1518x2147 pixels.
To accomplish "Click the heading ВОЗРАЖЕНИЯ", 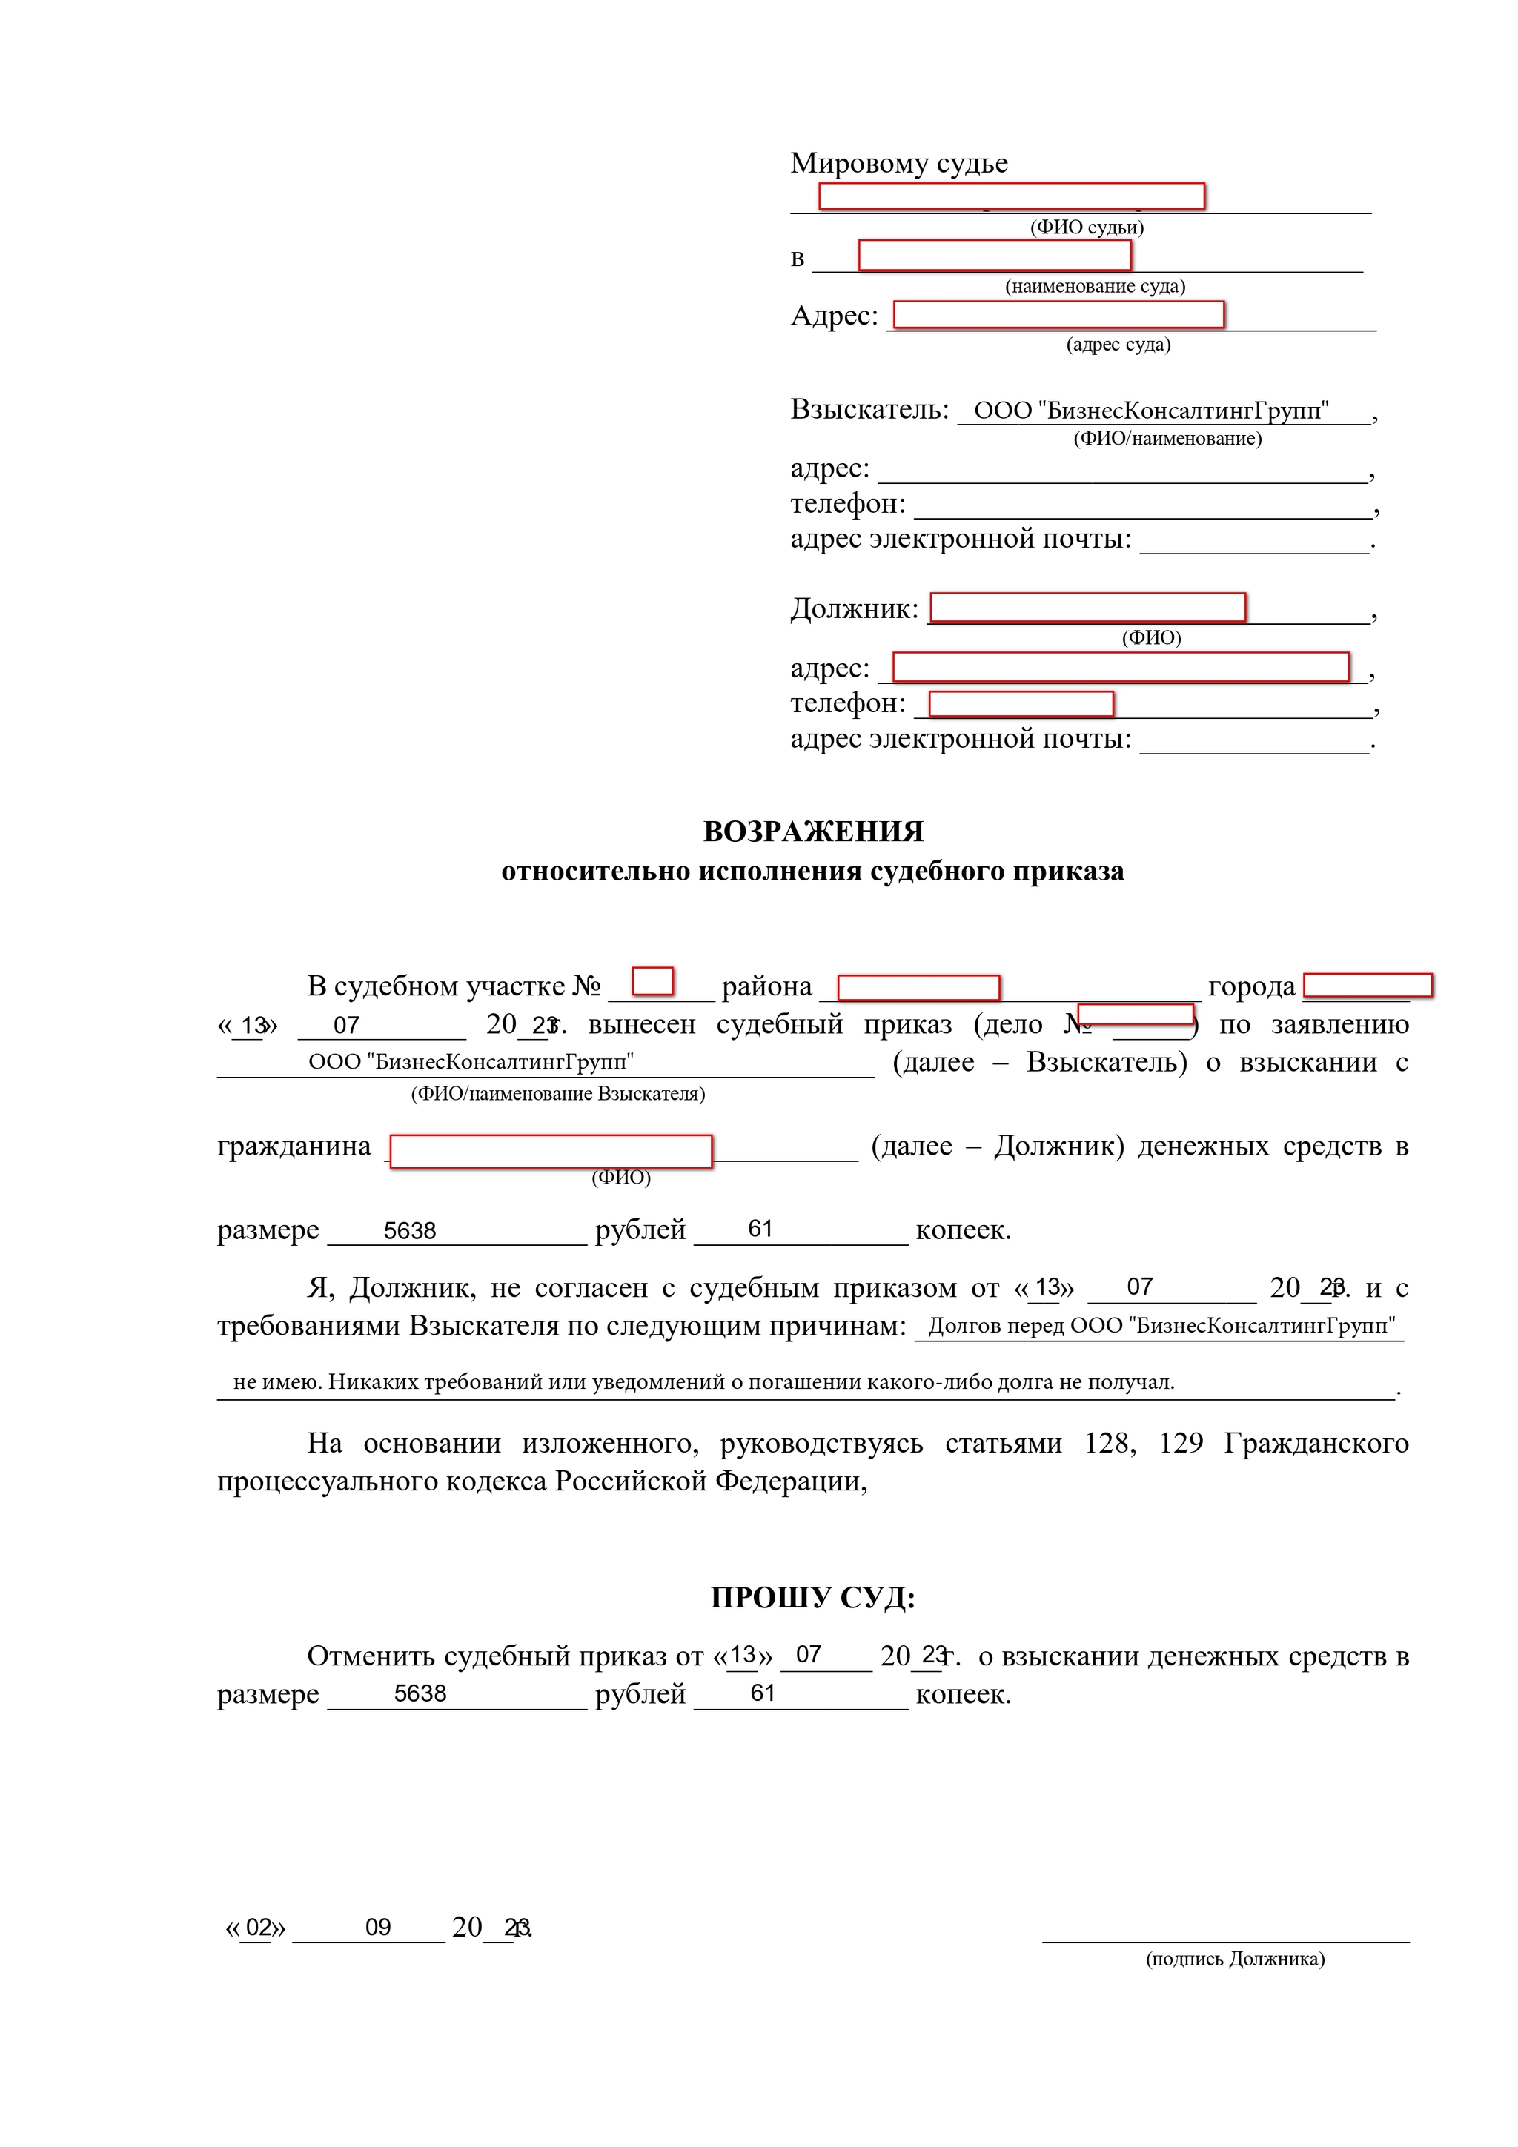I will (x=813, y=832).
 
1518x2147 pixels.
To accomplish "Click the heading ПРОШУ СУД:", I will (x=813, y=1597).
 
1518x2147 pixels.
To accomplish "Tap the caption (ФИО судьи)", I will (x=1087, y=228).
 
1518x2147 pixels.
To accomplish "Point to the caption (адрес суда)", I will (x=1118, y=344).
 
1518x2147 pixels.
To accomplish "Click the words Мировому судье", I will (x=899, y=164).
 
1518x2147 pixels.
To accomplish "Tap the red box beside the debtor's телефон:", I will (x=1021, y=703).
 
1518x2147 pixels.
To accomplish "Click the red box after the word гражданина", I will (x=551, y=1151).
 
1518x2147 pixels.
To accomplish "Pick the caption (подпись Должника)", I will (x=1235, y=1958).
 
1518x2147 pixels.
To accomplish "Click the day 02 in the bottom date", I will (x=258, y=1927).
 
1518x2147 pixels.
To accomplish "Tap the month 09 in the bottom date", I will (x=378, y=1927).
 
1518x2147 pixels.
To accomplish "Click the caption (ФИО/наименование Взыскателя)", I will (x=557, y=1093).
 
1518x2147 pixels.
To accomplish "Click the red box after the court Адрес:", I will (x=1058, y=315).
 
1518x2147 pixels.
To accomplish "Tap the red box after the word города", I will (x=1368, y=985).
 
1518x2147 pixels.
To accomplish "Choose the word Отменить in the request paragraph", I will (x=371, y=1656).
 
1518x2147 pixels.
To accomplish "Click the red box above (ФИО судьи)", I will (x=1011, y=196).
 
